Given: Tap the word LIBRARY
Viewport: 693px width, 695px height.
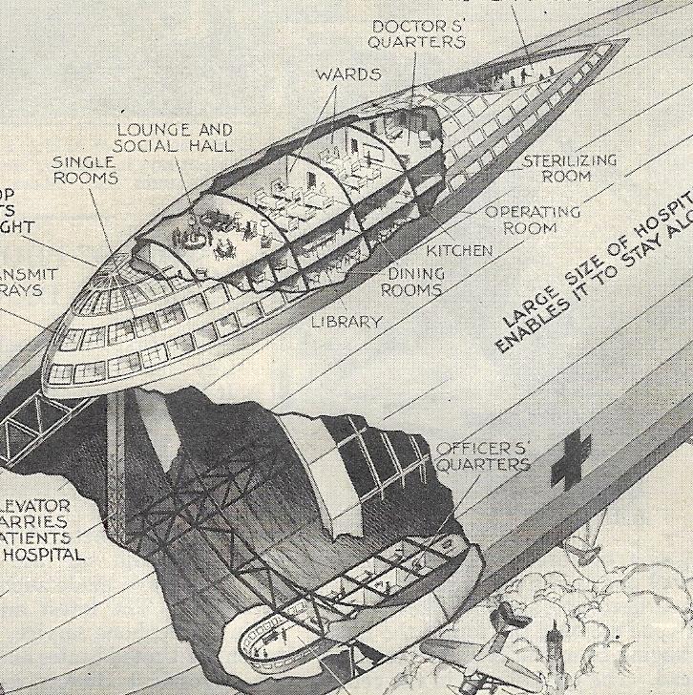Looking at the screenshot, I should click(346, 323).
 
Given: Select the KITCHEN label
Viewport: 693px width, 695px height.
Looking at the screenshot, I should click(459, 251).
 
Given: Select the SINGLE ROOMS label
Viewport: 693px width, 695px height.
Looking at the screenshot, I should click(85, 170).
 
